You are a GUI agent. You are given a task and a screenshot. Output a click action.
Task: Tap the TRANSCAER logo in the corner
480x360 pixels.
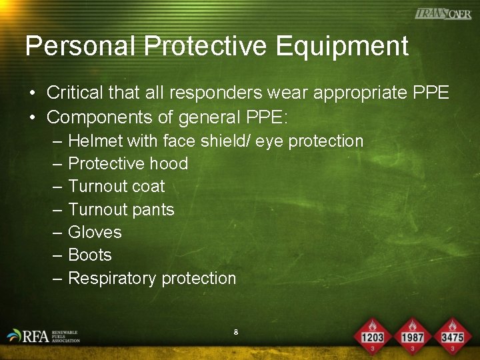click(x=443, y=13)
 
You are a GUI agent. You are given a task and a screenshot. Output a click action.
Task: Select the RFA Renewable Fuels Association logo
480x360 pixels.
click(x=44, y=335)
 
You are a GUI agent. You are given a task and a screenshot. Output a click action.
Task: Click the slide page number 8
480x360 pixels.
click(x=236, y=331)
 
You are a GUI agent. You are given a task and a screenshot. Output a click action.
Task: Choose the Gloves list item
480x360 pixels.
click(x=95, y=233)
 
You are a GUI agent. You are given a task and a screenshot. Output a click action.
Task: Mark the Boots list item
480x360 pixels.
click(x=90, y=255)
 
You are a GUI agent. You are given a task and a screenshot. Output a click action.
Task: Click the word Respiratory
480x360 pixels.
click(x=110, y=279)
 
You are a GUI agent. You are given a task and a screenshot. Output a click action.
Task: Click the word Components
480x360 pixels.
click(x=89, y=118)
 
